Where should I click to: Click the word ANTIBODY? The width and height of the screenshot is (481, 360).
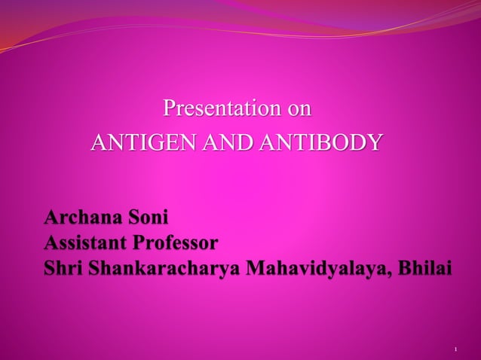click(x=320, y=142)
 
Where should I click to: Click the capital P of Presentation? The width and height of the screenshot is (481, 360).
click(x=170, y=109)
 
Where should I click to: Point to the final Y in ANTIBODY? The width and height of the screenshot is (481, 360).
click(x=374, y=142)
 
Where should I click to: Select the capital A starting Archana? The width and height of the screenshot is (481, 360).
click(x=52, y=219)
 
